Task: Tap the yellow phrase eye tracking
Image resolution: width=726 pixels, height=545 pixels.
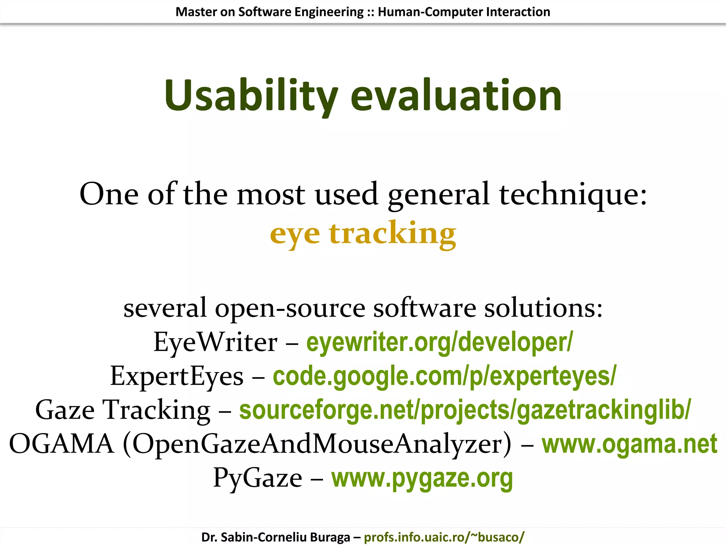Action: coord(363,233)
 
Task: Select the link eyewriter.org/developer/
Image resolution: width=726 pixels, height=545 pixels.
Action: coord(439,342)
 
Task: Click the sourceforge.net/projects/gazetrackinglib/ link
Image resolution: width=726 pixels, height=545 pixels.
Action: coord(465,410)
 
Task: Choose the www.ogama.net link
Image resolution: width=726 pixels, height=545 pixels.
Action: coord(629,444)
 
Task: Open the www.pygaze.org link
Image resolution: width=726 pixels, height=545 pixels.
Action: coord(422,478)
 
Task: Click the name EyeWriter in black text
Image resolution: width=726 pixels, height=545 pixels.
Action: coord(215,342)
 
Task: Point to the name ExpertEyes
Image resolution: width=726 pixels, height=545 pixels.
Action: coord(177,376)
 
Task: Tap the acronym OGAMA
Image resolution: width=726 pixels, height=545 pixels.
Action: coord(61,444)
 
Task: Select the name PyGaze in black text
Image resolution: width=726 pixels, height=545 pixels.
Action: coord(257,478)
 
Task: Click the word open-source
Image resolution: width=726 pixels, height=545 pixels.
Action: coord(290,308)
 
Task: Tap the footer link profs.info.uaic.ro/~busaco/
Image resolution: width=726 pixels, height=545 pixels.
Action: coord(444,537)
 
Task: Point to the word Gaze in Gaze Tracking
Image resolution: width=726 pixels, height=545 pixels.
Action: coord(65,410)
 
